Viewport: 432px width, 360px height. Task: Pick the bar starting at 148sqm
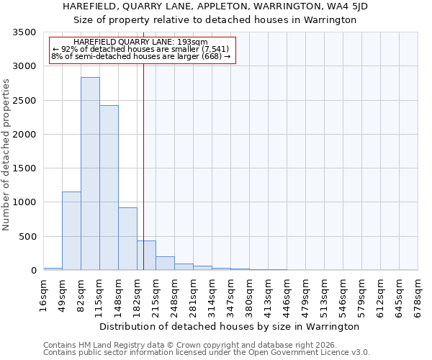tap(127, 238)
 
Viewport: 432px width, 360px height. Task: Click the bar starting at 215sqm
tap(165, 263)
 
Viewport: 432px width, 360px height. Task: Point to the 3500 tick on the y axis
tap(25, 33)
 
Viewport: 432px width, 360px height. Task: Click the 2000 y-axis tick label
tap(25, 135)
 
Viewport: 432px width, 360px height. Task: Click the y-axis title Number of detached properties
tap(7, 156)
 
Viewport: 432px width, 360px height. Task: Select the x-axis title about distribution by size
tap(229, 326)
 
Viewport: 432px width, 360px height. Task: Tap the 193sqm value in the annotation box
tap(194, 42)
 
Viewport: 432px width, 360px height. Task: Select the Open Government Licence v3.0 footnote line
tap(207, 352)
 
